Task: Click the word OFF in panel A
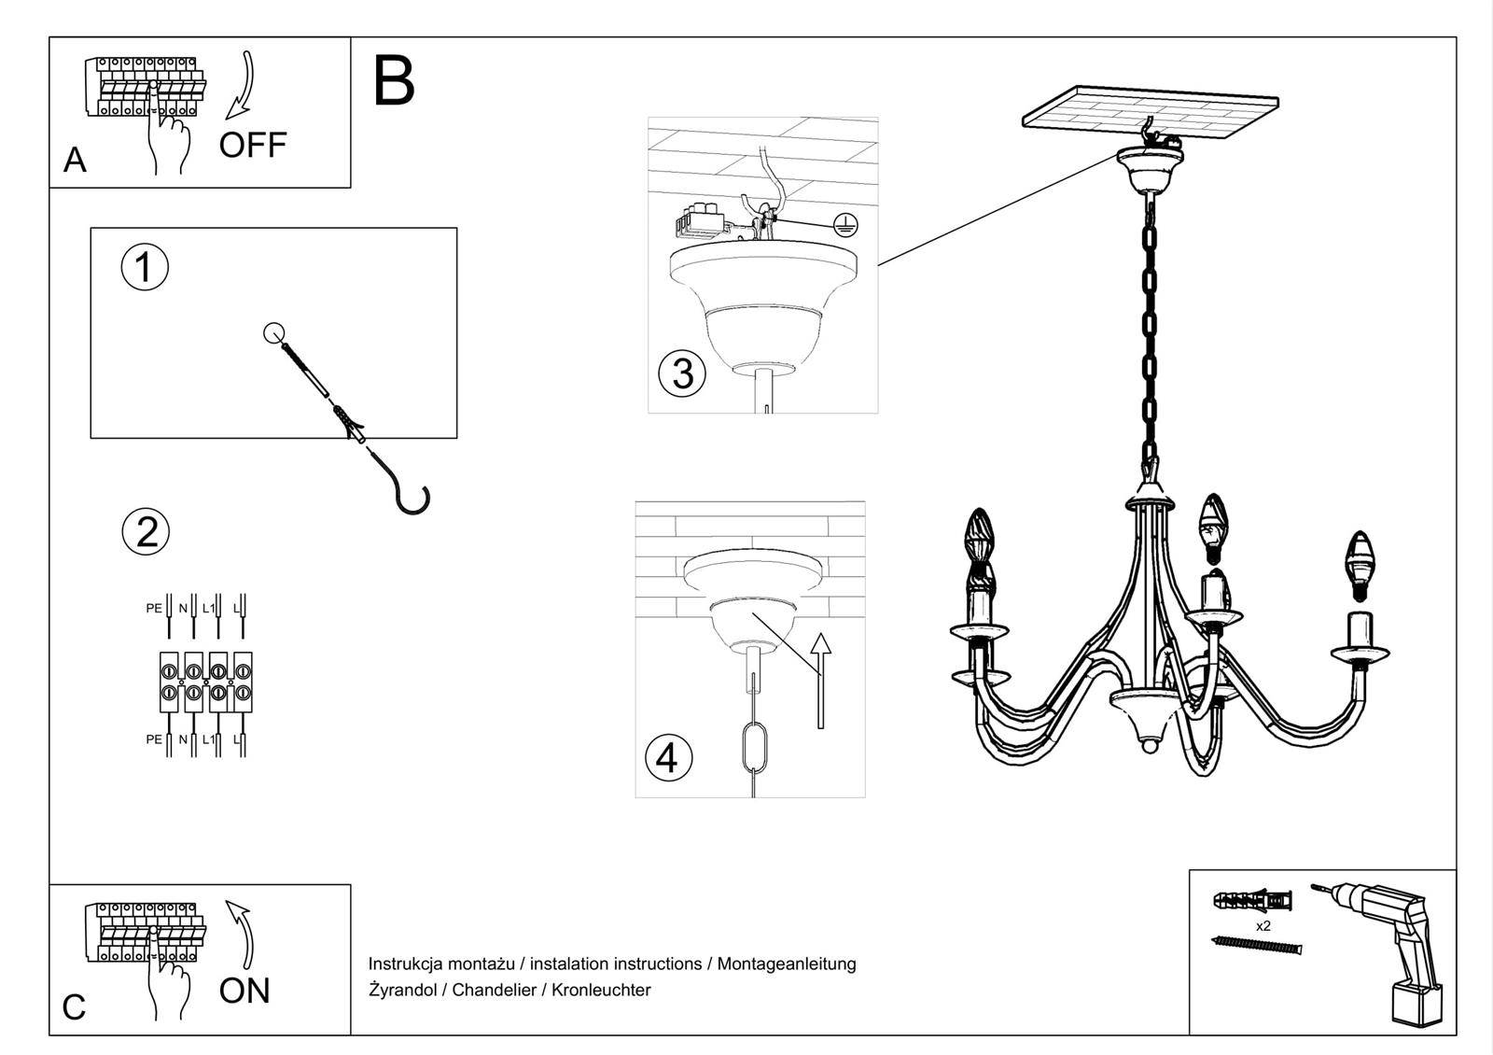pyautogui.click(x=253, y=145)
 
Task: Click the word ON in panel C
pyautogui.click(x=244, y=990)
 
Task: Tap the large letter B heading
pyautogui.click(x=393, y=81)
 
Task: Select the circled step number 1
pyautogui.click(x=145, y=267)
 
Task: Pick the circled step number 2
pyautogui.click(x=147, y=531)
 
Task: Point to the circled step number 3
pyautogui.click(x=682, y=373)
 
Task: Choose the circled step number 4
pyautogui.click(x=668, y=757)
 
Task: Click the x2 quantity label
pyautogui.click(x=1263, y=926)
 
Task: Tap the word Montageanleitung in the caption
pyautogui.click(x=787, y=964)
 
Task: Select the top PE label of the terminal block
pyautogui.click(x=154, y=608)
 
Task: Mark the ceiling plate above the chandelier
pyautogui.click(x=1150, y=111)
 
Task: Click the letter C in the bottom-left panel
pyautogui.click(x=74, y=1007)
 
